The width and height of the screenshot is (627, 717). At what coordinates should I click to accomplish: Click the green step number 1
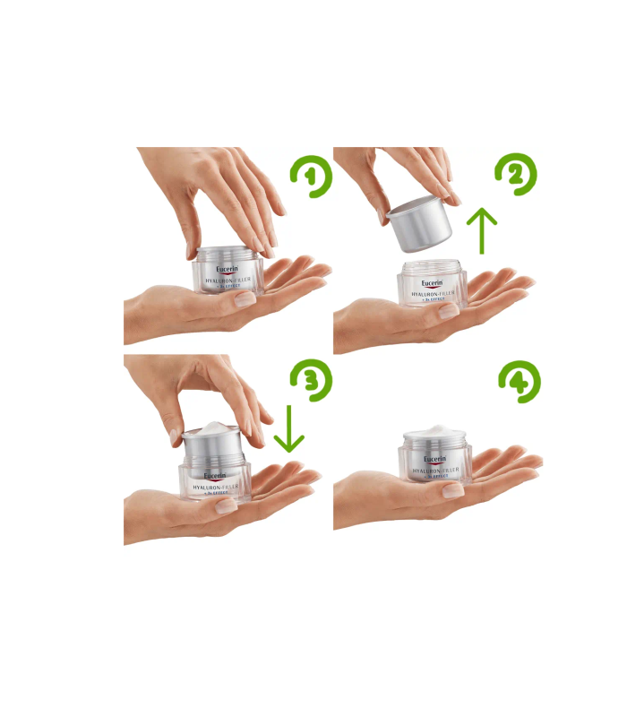click(x=311, y=177)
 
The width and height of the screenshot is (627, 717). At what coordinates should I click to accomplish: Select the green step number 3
click(x=311, y=380)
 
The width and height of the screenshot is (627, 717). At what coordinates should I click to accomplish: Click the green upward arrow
click(x=484, y=231)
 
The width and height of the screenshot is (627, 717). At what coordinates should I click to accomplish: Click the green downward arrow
click(x=288, y=428)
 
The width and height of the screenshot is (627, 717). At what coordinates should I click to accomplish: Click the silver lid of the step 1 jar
click(x=228, y=255)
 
